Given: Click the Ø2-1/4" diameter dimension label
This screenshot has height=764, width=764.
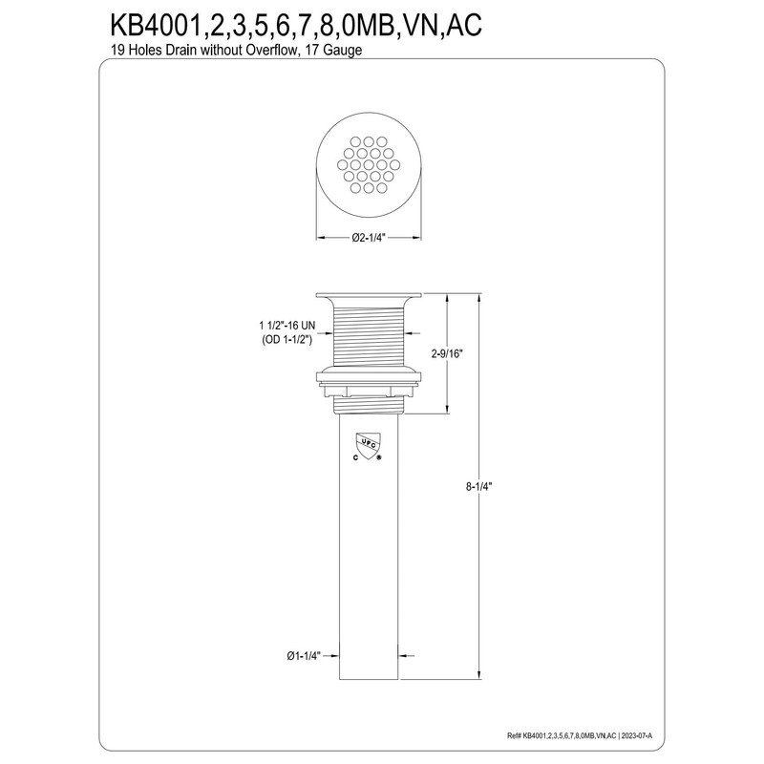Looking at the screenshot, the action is (369, 238).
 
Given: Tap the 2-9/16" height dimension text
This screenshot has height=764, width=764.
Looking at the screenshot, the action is (447, 353).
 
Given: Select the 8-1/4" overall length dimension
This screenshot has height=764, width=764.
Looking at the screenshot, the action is (479, 486).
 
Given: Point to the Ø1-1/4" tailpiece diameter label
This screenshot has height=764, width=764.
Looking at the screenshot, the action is (304, 656).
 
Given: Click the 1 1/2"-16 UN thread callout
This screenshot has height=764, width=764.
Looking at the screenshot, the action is (287, 325).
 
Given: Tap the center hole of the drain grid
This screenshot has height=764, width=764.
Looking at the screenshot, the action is (369, 164).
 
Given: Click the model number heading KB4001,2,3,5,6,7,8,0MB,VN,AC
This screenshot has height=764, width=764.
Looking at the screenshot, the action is (296, 25).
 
